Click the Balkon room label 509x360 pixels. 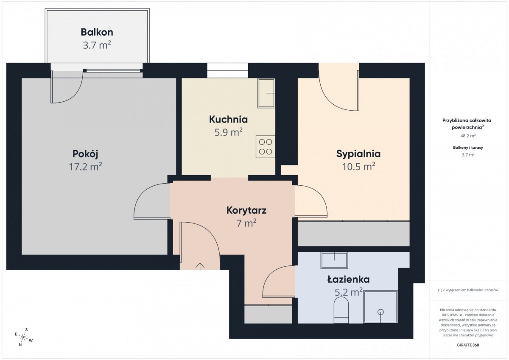97,32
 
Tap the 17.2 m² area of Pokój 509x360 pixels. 85,167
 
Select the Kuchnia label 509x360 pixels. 228,120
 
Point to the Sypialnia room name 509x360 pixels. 358,154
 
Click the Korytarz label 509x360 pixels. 246,210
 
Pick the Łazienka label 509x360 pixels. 348,279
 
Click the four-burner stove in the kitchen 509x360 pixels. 266,147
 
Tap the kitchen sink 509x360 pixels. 266,93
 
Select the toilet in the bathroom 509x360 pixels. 341,310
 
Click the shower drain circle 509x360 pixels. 380,312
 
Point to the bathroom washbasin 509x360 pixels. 334,260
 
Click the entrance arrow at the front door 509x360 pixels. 200,267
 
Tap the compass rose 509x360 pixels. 24,337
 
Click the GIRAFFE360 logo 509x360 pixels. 468,345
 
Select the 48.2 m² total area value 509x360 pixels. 468,136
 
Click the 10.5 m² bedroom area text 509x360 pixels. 358,167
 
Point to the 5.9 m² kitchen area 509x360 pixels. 228,132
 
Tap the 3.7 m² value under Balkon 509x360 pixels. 97,45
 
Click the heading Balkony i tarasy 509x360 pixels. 468,148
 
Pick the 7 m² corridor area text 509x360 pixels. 246,223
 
